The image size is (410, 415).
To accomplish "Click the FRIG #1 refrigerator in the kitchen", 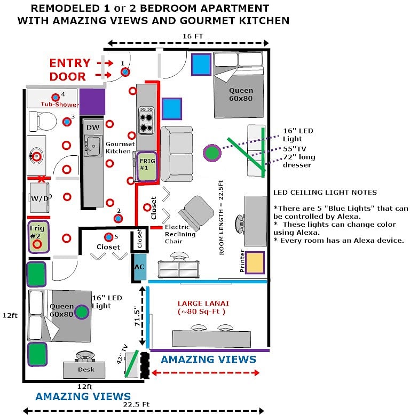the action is coord(147,166).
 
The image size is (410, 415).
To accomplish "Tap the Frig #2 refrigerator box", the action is coord(38,236).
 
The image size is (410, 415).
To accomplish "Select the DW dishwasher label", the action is coord(93,127).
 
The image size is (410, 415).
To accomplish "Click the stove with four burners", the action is coord(146,121).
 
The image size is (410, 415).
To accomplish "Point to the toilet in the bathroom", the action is coord(42,122).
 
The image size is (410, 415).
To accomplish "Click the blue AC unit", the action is coord(139,267).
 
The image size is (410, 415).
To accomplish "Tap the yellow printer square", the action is coord(255,262).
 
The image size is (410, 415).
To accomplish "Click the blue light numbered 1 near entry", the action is coord(125,71).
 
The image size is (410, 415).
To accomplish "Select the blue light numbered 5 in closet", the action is coord(108,237).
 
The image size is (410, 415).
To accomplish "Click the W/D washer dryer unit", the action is coord(40,198).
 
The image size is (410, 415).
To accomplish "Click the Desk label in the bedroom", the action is coord(86,369).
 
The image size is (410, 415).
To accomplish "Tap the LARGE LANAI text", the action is coord(203,304).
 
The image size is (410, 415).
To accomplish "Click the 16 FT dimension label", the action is coord(193,36).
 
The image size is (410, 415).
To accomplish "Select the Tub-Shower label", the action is coord(59,104).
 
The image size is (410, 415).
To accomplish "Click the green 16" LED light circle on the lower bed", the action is coord(82,312).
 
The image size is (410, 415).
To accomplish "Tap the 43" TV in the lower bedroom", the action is coord(132,364).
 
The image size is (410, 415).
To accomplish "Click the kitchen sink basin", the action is coord(92,146).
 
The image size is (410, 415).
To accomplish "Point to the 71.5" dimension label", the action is coord(137,316).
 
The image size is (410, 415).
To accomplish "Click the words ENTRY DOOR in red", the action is coord(70,70).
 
